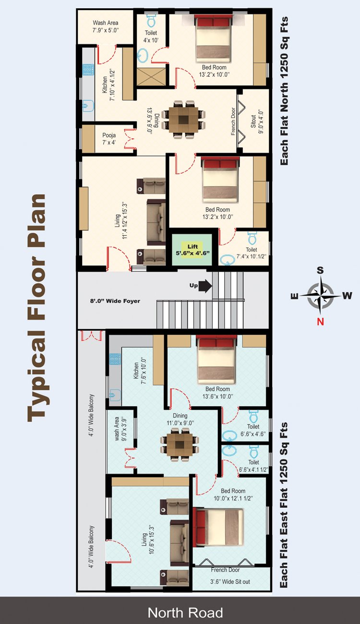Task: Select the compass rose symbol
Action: (320, 295)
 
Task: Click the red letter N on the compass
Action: (320, 322)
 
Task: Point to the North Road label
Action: (185, 612)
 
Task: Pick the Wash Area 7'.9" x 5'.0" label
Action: (106, 26)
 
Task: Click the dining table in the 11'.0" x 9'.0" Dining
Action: (180, 444)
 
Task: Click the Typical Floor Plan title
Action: (37, 307)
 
